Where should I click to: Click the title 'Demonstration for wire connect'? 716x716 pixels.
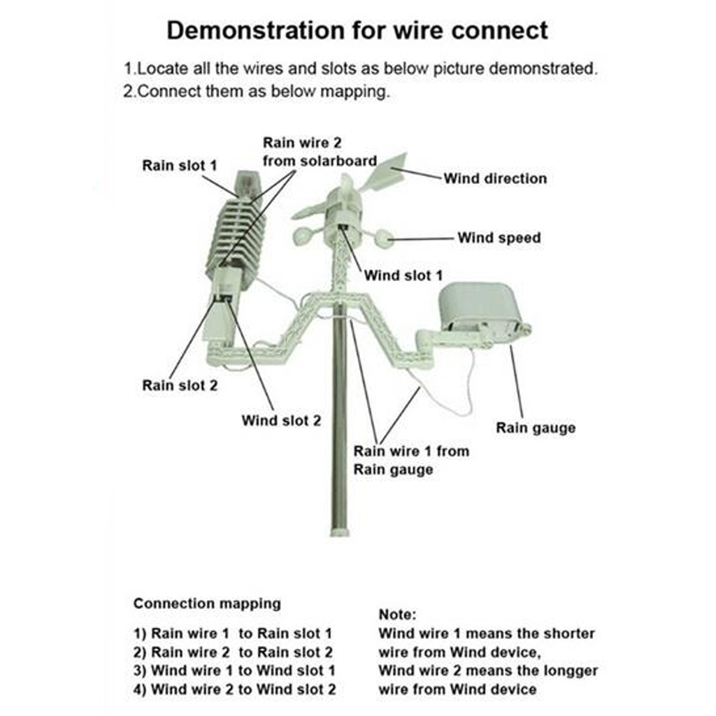(357, 31)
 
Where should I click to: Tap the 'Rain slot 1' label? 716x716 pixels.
(179, 166)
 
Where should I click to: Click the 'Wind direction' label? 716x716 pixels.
(495, 178)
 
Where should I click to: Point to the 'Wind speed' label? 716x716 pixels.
(499, 238)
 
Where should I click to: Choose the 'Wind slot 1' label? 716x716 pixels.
(403, 275)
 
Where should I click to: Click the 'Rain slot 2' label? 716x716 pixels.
(180, 385)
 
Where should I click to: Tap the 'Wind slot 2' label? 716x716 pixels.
(281, 420)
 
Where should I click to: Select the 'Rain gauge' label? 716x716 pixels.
(536, 428)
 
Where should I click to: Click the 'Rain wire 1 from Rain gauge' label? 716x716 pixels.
(410, 460)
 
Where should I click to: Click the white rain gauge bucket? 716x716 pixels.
(480, 306)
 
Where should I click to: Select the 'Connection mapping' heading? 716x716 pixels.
(207, 603)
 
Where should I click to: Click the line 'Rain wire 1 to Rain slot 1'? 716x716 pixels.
(232, 634)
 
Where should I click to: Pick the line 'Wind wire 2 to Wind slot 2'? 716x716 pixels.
(234, 689)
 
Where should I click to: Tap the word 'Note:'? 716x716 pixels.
(397, 615)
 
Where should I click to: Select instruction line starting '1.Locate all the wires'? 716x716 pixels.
(360, 69)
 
